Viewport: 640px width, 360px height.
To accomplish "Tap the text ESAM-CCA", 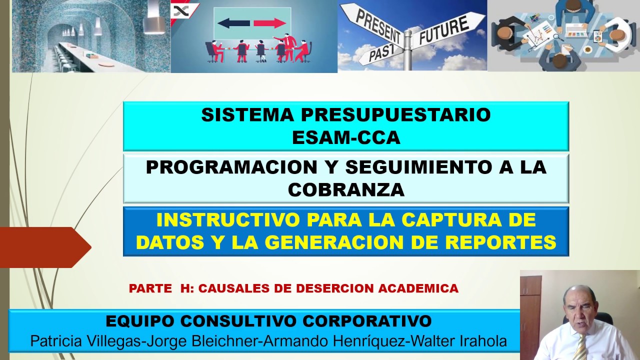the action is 346,137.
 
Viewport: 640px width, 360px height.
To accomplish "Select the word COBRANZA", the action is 346,190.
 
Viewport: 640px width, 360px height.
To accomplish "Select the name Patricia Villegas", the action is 85,341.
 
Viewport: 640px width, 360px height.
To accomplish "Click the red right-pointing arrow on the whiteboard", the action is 270,23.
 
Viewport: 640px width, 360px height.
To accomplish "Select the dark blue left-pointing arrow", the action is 233,23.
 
